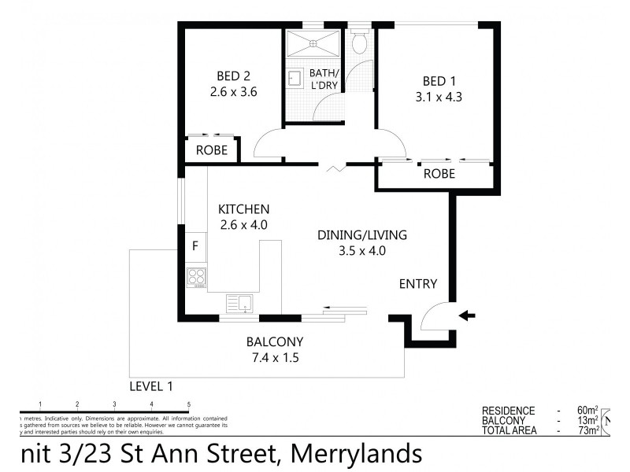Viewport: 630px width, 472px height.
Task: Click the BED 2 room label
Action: pyautogui.click(x=234, y=76)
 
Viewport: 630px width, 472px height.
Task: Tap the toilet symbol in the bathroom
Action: pyautogui.click(x=360, y=44)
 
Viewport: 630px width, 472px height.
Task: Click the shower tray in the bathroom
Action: pyautogui.click(x=313, y=43)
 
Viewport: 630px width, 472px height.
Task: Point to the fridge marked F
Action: pyautogui.click(x=195, y=245)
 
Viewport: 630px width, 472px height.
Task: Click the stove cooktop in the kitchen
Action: pyautogui.click(x=195, y=277)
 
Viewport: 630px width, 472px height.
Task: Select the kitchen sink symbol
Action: pyautogui.click(x=239, y=302)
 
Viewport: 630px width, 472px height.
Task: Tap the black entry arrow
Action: pyautogui.click(x=467, y=316)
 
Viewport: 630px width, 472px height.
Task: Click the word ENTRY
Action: pyautogui.click(x=417, y=284)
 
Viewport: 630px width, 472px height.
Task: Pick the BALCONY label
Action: pyautogui.click(x=275, y=342)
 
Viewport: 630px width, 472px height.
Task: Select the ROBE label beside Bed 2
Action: pyautogui.click(x=212, y=149)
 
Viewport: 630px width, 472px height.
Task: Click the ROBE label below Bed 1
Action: pyautogui.click(x=439, y=174)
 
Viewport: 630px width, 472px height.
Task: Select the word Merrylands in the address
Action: pyautogui.click(x=356, y=454)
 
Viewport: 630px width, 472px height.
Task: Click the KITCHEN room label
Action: pyautogui.click(x=244, y=209)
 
